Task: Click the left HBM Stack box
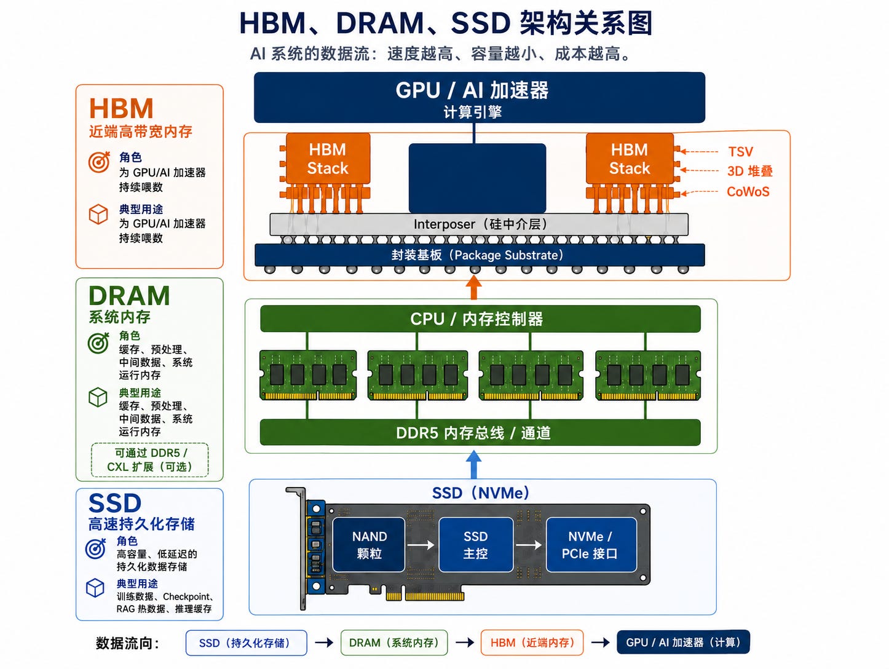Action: [328, 159]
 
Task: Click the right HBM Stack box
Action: [630, 159]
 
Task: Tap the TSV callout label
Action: [740, 152]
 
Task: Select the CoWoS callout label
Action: [748, 192]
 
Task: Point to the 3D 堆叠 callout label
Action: [749, 172]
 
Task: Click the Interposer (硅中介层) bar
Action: [479, 224]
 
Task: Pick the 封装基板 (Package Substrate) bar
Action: [480, 255]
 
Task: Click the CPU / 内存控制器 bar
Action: [480, 319]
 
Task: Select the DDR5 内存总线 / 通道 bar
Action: [480, 432]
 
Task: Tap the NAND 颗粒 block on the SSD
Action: [368, 545]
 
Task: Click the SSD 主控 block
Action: [476, 545]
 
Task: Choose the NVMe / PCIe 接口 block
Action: [591, 545]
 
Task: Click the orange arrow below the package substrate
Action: [474, 288]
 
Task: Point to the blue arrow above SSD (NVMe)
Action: [473, 465]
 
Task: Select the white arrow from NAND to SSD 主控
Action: [421, 545]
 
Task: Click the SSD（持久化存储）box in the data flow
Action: [247, 643]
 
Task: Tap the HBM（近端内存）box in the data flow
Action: [532, 643]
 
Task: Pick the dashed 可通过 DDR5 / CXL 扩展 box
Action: [150, 460]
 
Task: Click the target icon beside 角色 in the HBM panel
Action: [99, 162]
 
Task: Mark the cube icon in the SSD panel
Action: [95, 588]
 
